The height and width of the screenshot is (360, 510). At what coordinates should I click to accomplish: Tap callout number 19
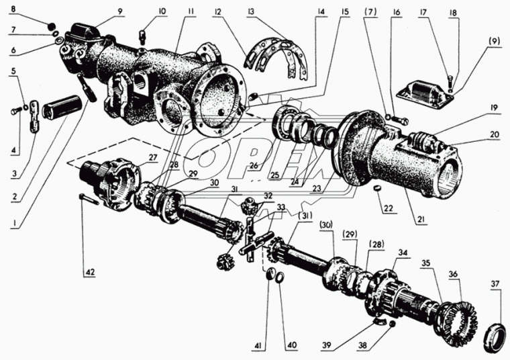493,108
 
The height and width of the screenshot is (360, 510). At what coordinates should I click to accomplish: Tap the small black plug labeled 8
50,27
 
